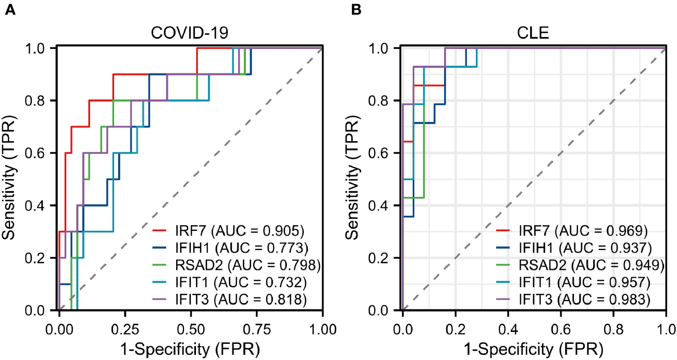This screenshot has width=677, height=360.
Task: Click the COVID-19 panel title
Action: point(190,33)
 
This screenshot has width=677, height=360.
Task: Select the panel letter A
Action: point(9,9)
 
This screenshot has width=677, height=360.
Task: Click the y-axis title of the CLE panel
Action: point(354,179)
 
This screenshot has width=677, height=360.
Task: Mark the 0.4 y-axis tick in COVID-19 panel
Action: point(41,205)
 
